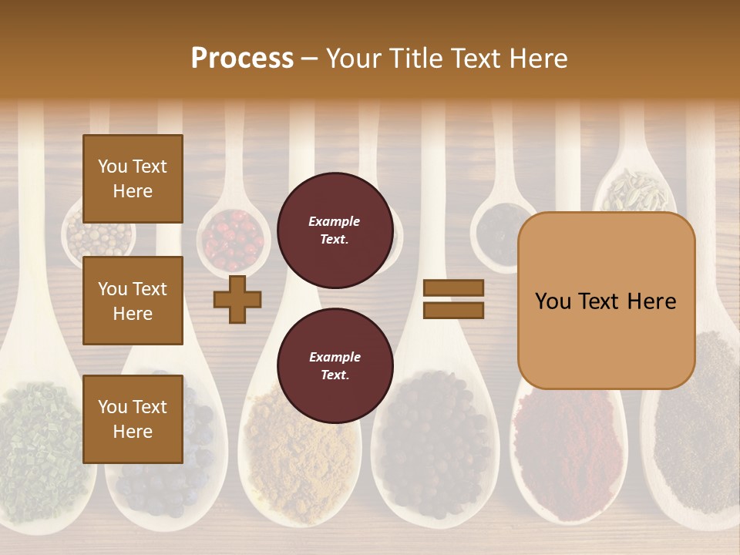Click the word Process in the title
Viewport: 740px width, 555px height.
point(242,59)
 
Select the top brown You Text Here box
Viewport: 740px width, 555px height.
point(133,179)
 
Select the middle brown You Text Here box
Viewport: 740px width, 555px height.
point(133,301)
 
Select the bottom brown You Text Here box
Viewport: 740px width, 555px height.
point(133,419)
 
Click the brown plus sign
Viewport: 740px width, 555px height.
point(237,299)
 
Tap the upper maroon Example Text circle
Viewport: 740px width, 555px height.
point(335,230)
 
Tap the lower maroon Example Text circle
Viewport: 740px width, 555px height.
point(335,365)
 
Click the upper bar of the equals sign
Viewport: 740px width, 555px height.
point(453,288)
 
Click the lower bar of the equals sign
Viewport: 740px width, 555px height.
point(453,310)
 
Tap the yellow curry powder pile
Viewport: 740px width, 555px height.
point(297,455)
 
